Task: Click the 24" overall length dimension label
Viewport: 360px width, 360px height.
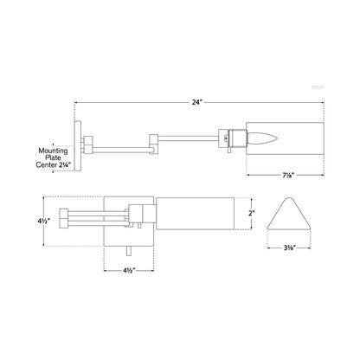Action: coord(197,102)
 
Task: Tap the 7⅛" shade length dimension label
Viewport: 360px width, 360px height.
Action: coord(288,175)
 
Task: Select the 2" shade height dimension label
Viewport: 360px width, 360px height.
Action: coord(252,213)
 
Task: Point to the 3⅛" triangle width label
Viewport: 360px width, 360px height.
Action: coord(290,247)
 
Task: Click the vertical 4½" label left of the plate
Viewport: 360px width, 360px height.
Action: coord(44,222)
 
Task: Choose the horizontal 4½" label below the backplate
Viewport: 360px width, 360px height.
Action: coord(129,271)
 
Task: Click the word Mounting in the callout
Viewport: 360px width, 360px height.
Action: coord(53,151)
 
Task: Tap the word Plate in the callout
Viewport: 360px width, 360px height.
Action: coord(53,157)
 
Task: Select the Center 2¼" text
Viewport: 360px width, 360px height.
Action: coord(54,165)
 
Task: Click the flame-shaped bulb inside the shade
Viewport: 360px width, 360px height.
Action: coord(263,139)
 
